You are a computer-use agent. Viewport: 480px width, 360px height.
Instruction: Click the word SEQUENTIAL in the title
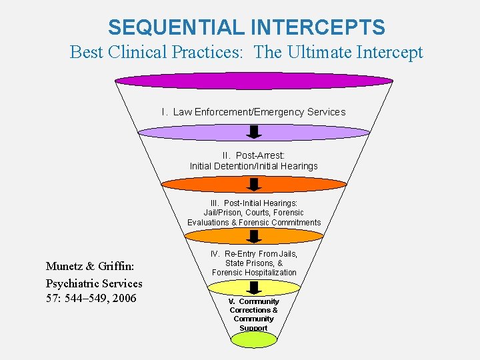(177, 27)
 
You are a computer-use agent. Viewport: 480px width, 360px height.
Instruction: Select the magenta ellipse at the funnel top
(253, 81)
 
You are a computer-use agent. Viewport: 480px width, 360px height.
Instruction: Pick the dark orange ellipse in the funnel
(254, 185)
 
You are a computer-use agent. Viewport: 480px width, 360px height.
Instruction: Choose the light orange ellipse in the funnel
(253, 236)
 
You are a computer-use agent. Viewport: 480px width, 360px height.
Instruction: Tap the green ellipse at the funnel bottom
(253, 339)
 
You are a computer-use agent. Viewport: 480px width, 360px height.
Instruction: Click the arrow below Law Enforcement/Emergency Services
(253, 130)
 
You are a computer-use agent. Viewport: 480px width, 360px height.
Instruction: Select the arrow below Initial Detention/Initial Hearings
(253, 183)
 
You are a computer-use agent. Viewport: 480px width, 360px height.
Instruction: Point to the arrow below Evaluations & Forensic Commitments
(253, 236)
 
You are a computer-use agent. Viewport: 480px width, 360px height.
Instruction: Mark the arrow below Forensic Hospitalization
(253, 288)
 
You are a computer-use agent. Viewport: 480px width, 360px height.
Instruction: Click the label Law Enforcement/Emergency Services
(259, 112)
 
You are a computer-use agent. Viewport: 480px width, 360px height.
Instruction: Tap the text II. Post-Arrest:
(253, 155)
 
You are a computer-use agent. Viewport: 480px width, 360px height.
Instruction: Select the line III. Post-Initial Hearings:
(253, 203)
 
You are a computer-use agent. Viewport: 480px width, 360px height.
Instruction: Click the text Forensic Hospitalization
(254, 273)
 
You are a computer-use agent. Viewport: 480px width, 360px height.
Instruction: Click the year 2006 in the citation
(124, 298)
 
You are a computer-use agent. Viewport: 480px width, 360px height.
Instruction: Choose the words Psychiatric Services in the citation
(94, 283)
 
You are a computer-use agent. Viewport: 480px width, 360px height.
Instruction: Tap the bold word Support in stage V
(253, 327)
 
